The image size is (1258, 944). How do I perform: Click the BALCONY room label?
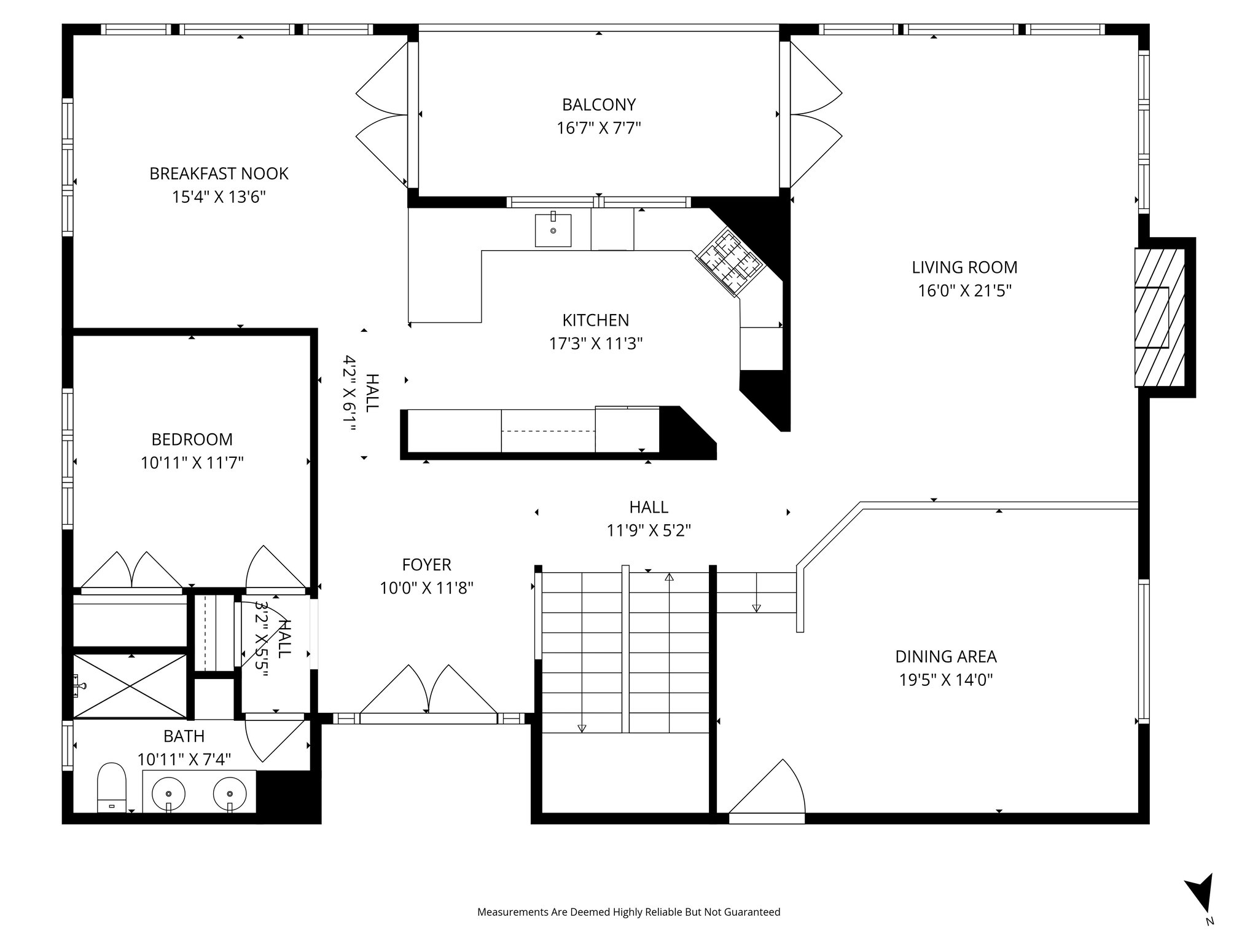point(598,104)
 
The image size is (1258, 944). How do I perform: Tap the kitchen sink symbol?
point(553,230)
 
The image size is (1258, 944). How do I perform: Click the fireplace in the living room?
point(1158,318)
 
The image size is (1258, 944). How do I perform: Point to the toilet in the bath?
point(111,787)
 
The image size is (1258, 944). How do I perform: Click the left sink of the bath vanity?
point(168,793)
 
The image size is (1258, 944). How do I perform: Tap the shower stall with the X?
point(130,686)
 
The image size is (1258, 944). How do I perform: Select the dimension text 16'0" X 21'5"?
point(964,291)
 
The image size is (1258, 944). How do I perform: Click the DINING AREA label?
point(945,656)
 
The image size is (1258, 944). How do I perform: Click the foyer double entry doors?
point(428,691)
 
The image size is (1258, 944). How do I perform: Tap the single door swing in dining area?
point(772,790)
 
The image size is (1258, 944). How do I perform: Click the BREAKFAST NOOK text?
point(219,173)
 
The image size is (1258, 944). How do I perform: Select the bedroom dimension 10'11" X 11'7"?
point(192,463)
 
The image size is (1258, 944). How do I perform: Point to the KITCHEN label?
point(595,320)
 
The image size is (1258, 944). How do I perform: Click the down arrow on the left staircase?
point(582,728)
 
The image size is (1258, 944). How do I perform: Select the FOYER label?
point(426,564)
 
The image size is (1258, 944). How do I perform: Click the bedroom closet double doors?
point(131,570)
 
